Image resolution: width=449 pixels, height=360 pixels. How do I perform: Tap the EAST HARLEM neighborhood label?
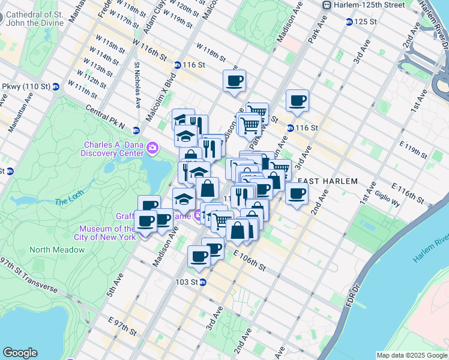tap(327, 181)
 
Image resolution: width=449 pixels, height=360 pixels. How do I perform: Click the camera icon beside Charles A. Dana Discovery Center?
tap(153, 148)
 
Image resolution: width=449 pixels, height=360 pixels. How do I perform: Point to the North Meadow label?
tap(57, 250)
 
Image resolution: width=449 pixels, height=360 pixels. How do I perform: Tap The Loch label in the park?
tap(67, 202)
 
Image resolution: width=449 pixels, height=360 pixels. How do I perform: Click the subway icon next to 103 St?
tap(203, 282)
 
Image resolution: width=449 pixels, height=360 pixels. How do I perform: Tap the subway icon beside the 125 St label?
tap(349, 22)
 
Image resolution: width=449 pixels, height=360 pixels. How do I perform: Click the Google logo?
tap(20, 352)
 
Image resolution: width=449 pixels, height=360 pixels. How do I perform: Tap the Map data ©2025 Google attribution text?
tap(411, 355)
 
